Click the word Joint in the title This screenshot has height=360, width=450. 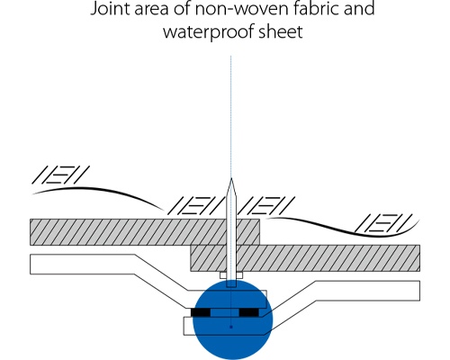(x=110, y=8)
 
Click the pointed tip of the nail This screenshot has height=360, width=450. (x=231, y=178)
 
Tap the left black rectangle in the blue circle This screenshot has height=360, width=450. (x=201, y=312)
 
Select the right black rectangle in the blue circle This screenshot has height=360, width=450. (x=249, y=312)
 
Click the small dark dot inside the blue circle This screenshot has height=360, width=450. (x=231, y=327)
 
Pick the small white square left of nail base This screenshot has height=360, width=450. (x=222, y=275)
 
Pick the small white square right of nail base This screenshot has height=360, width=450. (x=239, y=275)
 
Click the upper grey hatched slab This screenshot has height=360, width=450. (x=145, y=232)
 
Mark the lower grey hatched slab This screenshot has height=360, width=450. (x=305, y=258)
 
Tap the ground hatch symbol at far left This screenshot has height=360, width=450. (x=60, y=175)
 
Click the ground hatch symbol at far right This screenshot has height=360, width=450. (x=383, y=223)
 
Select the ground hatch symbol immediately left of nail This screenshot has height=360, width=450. (x=196, y=205)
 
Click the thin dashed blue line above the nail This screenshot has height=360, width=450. (x=230, y=116)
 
